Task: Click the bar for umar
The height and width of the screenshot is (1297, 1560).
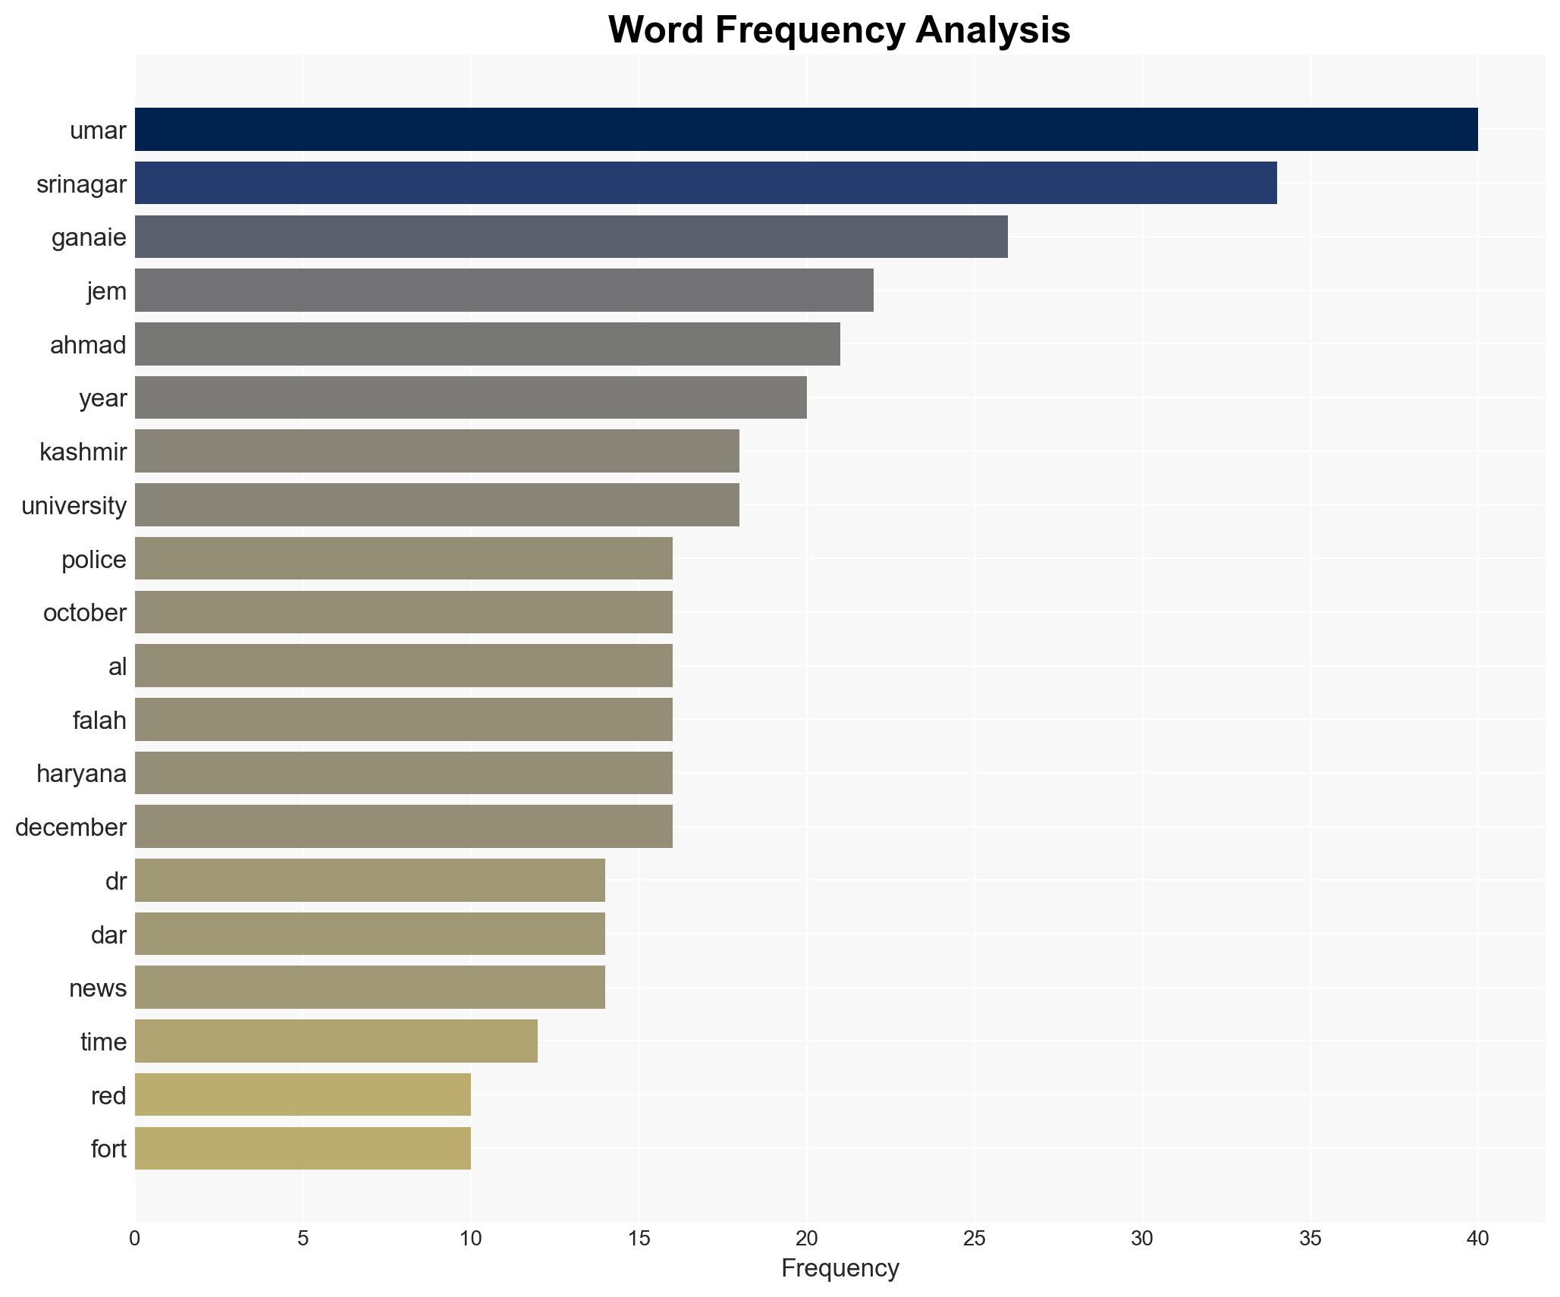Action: coord(805,129)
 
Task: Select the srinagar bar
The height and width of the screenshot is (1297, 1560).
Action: coord(705,183)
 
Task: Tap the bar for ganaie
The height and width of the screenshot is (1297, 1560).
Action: coord(571,237)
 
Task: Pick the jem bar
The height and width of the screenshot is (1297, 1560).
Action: coord(504,290)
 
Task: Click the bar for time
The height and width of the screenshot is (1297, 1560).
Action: coord(336,1041)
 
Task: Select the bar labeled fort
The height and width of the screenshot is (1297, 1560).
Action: coord(303,1148)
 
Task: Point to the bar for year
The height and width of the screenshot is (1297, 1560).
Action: coord(470,397)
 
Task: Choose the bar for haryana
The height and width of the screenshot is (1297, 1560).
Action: coord(403,773)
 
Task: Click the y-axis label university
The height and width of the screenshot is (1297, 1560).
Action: coord(74,505)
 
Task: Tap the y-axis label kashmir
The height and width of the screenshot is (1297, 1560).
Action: coord(83,452)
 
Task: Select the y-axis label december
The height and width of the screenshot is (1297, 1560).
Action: coord(71,827)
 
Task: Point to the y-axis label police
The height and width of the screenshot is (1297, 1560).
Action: coord(94,560)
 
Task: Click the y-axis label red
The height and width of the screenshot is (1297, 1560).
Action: coord(108,1095)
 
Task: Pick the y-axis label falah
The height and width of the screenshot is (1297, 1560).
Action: coord(99,720)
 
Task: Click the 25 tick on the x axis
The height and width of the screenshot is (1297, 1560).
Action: coord(975,1239)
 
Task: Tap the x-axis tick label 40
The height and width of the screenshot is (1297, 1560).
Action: coord(1477,1239)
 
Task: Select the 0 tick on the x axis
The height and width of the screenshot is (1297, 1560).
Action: coord(135,1239)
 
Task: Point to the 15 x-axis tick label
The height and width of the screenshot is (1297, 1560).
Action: coord(639,1239)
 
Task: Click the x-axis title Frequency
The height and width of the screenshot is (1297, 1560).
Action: coord(840,1267)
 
